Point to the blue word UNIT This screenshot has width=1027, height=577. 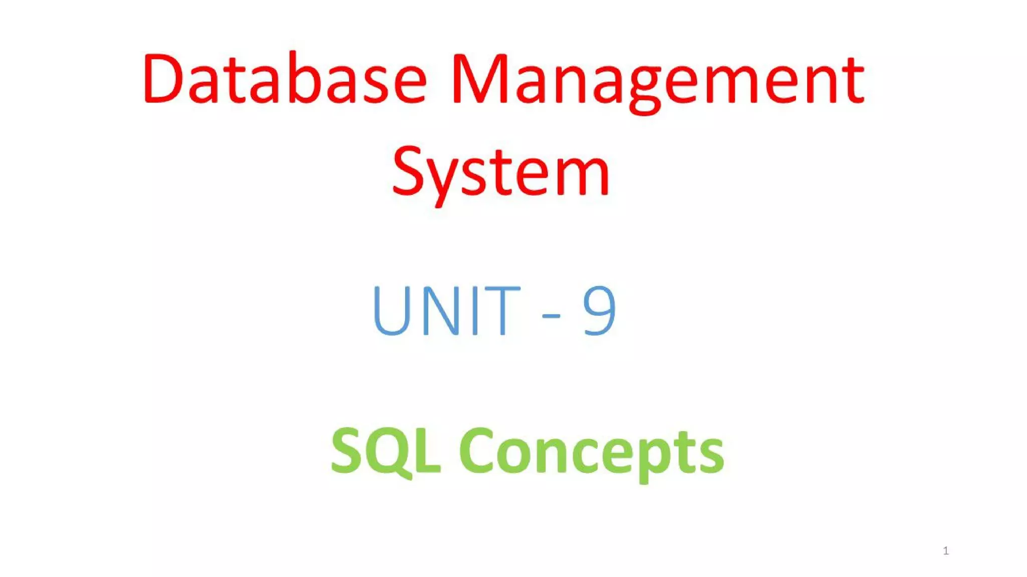pos(446,310)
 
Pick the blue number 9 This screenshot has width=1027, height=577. pos(599,310)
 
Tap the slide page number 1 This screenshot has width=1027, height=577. pos(946,551)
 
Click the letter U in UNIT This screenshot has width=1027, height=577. pos(391,310)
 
